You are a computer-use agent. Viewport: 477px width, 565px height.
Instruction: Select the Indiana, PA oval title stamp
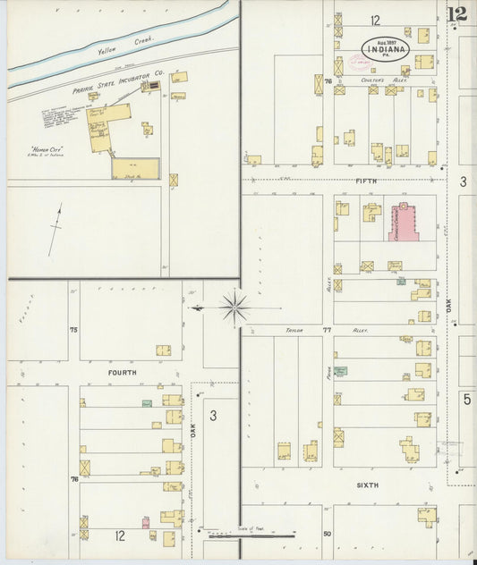(386, 50)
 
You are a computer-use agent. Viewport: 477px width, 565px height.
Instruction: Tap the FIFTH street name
(367, 181)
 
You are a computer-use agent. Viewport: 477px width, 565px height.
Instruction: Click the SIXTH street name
(367, 485)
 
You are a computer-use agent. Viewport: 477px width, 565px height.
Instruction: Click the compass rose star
(234, 308)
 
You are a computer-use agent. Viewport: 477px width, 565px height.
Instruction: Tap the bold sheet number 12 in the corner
(456, 13)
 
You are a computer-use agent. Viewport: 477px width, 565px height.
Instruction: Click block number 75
(74, 330)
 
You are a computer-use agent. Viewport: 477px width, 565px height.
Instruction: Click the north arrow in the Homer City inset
(57, 227)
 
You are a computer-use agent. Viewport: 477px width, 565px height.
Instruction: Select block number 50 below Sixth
(327, 534)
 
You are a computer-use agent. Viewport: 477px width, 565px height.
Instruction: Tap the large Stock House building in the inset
(135, 168)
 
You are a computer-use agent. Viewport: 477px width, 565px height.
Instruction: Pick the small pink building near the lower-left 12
(145, 521)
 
